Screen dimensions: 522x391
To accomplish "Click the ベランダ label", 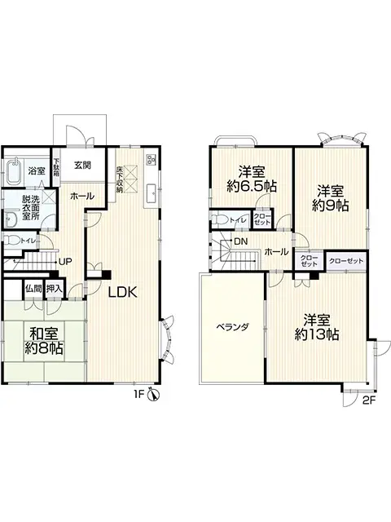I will pyautogui.click(x=232, y=326).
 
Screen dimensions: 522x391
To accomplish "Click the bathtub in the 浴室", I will pyautogui.click(x=12, y=173).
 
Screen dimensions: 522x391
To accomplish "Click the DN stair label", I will pyautogui.click(x=241, y=241).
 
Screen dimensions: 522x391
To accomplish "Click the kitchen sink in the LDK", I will pyautogui.click(x=151, y=192).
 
